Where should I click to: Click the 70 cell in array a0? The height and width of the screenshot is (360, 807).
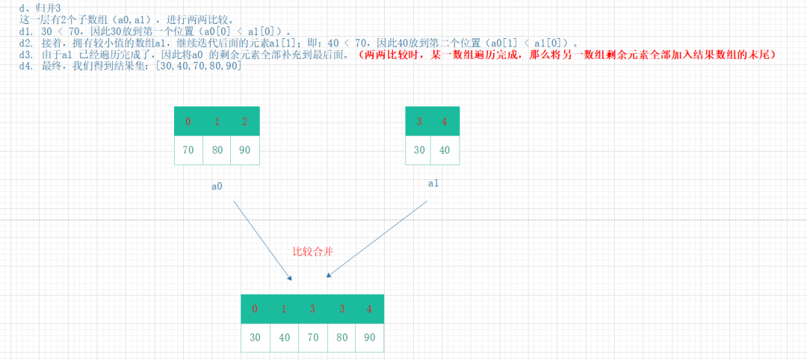point(188,150)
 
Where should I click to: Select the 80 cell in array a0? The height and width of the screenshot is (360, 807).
point(217,150)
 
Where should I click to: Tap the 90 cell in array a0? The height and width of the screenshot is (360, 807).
point(245,150)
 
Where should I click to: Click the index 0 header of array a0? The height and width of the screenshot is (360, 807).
point(188,121)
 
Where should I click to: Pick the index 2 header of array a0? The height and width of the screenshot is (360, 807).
point(245,121)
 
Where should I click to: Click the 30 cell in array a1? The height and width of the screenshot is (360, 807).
point(419,150)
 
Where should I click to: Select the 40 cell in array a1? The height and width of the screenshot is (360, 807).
point(446,150)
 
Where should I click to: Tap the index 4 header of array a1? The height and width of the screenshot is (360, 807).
point(446,121)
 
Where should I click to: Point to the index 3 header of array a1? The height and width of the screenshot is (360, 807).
point(419,121)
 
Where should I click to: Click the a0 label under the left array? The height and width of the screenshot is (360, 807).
point(217,186)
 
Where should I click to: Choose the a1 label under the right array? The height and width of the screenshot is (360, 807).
point(434,183)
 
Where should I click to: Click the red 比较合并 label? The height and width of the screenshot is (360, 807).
point(312,252)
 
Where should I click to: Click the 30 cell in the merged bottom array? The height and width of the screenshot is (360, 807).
point(255,337)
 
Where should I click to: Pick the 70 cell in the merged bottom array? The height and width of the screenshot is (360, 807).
point(312,337)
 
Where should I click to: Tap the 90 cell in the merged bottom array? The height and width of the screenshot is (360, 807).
point(369,337)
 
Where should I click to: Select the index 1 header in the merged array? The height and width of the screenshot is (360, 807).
point(283,308)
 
